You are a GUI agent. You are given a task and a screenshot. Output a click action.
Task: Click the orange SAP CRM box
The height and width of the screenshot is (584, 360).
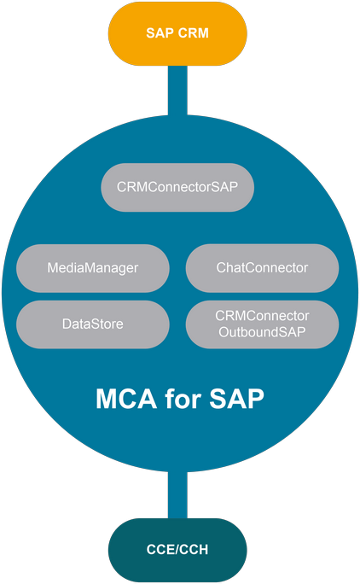coord(177,33)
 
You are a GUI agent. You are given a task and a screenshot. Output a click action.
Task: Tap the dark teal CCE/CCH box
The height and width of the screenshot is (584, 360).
coord(177,550)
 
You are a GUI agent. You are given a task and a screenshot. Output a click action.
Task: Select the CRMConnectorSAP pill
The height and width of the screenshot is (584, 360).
coord(177,187)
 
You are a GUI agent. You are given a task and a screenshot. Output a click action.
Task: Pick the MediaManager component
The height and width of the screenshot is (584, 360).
coord(93,268)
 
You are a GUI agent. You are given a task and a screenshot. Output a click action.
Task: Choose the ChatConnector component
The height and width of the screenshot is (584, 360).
coord(262,268)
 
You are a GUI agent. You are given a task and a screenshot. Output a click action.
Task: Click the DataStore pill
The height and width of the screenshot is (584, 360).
coord(93,324)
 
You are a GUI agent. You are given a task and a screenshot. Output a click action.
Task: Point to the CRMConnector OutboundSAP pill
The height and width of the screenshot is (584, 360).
coord(262,324)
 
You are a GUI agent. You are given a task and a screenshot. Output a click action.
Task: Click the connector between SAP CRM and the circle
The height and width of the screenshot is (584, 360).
coord(177,91)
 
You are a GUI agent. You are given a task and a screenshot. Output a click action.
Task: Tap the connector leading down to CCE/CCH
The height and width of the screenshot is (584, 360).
coord(177,494)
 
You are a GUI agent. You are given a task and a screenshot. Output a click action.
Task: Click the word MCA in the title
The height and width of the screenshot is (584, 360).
coord(126,399)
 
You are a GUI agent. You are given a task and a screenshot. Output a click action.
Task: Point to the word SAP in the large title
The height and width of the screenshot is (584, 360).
coord(237,399)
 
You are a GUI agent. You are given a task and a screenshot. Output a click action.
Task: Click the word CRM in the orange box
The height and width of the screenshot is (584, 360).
coord(193,33)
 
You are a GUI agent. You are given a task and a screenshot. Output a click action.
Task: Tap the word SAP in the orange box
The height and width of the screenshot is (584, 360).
coord(160,33)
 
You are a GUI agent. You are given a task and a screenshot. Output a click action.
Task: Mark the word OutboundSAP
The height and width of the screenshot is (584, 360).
coord(262,332)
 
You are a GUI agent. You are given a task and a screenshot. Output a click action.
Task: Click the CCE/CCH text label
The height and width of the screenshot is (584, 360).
coord(177,550)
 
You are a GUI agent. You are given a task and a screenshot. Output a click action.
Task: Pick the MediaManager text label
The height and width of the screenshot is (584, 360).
coord(93,268)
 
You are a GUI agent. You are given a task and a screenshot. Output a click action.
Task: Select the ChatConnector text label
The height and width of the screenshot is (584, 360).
coord(262,268)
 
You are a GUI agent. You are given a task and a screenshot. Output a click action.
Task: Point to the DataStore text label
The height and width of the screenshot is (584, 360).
coord(93,324)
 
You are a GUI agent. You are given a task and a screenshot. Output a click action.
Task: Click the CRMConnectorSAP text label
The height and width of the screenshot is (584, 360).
coord(177,187)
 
